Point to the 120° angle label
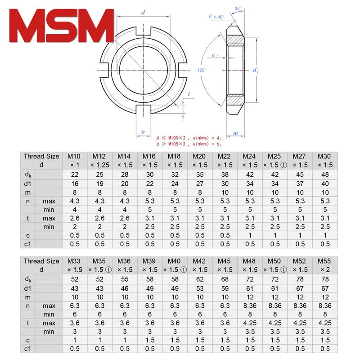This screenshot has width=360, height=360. point(202,70)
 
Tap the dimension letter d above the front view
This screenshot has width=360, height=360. point(143,13)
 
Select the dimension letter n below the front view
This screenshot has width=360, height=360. point(143,132)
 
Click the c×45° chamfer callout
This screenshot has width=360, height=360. point(216,17)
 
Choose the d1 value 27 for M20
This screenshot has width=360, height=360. point(198,184)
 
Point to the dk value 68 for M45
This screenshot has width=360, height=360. point(224,280)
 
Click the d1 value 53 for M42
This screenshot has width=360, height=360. point(198,288)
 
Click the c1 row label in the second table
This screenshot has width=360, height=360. point(28,349)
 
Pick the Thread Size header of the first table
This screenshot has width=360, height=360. point(41,161)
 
